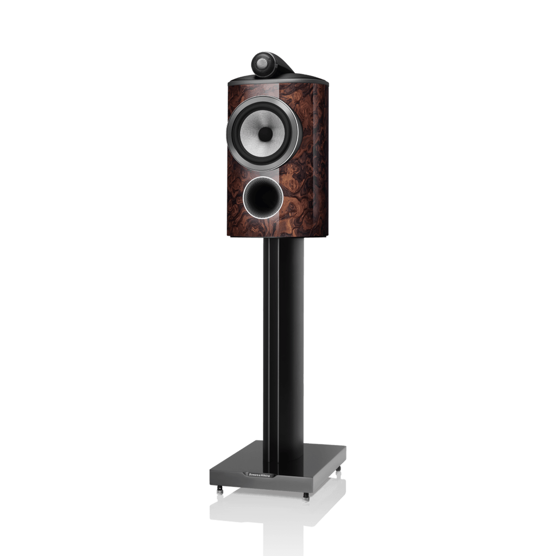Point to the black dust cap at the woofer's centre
coord(265,132)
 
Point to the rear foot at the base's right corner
coord(340,471)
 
